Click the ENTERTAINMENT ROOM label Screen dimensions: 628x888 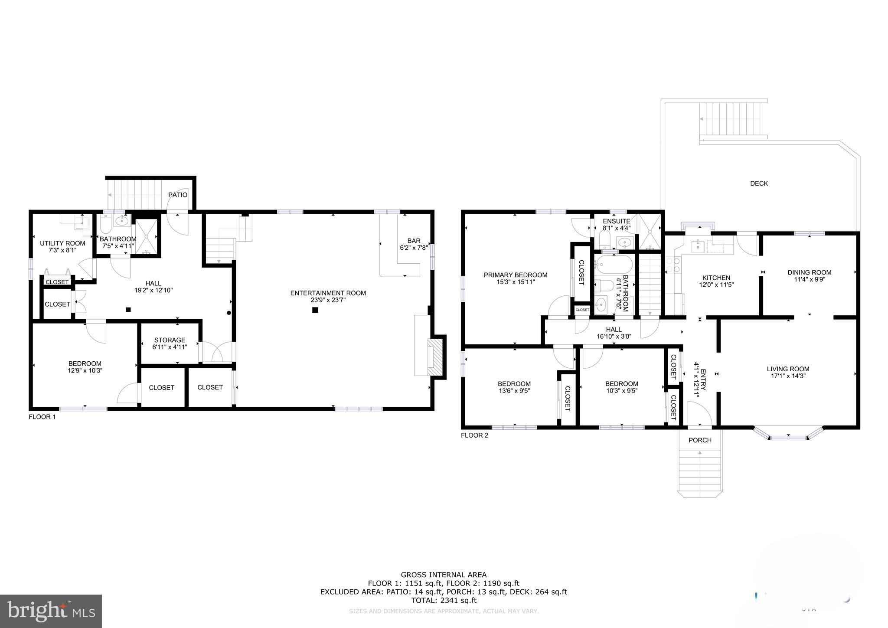pos(328,293)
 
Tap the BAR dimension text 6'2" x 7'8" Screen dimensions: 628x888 pos(414,248)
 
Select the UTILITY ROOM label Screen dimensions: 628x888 pos(62,243)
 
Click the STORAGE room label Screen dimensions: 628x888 pos(170,340)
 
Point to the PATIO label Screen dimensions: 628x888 pos(178,195)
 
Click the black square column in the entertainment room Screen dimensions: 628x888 pos(315,310)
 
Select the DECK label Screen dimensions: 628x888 pos(759,183)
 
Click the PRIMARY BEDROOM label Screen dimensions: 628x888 pos(516,275)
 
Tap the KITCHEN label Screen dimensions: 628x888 pos(716,278)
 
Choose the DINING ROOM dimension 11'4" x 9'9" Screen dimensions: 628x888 pos(810,280)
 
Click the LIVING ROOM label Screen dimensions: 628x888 pos(788,369)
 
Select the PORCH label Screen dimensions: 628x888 pos(700,440)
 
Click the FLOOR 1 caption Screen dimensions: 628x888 pos(42,417)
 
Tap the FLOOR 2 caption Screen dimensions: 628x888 pos(474,435)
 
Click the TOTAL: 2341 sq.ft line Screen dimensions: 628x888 pos(444,600)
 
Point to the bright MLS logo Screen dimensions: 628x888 pos(51,611)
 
